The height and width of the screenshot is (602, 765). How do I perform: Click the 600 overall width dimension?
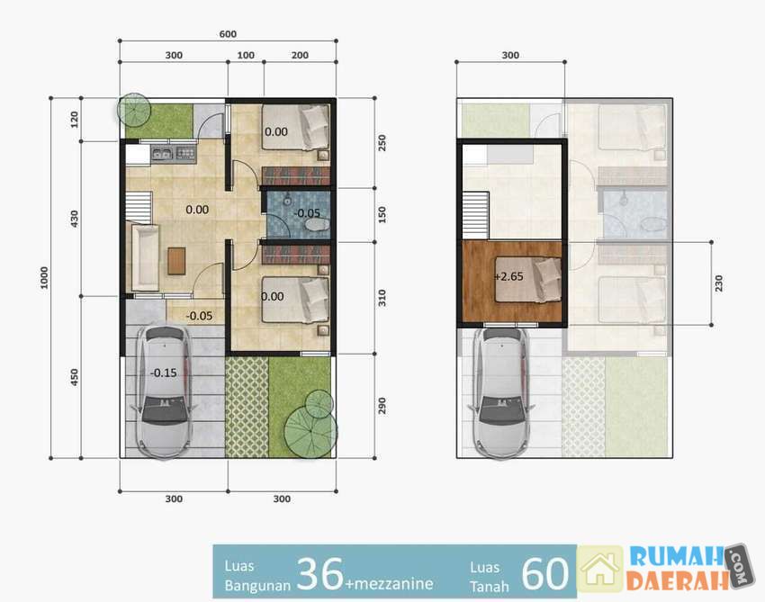click(x=228, y=34)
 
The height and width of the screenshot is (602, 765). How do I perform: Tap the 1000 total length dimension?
click(x=44, y=277)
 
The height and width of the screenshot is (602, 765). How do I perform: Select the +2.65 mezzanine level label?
click(x=508, y=276)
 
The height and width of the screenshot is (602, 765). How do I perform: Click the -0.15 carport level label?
click(x=164, y=373)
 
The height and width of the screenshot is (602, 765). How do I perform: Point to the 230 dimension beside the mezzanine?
click(x=719, y=283)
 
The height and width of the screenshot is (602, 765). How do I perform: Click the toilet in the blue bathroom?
click(x=317, y=225)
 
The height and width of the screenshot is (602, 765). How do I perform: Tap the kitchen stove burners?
click(x=185, y=154)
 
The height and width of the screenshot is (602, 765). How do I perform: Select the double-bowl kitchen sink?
click(x=162, y=154)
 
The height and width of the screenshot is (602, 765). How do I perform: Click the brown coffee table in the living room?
click(x=176, y=261)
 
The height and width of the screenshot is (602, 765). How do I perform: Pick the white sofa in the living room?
click(x=142, y=256)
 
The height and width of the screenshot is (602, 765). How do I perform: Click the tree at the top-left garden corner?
click(x=134, y=109)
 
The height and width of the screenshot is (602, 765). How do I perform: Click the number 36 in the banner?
click(x=319, y=574)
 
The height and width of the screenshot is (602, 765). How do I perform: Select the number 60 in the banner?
click(x=545, y=574)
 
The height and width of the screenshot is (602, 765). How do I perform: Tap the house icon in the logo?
click(x=600, y=569)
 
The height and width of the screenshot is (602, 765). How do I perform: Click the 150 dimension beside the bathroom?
click(x=382, y=215)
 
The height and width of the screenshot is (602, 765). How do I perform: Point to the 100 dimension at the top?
click(x=246, y=55)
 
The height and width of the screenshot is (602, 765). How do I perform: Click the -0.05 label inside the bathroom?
click(x=308, y=213)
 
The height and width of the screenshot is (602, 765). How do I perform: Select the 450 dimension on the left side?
click(x=74, y=377)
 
